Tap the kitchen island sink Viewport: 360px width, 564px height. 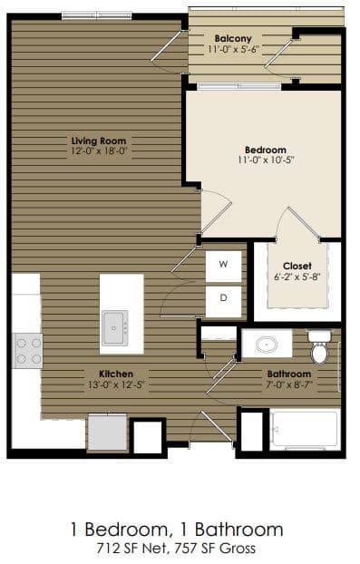pos(114,326)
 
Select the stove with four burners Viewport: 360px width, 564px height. pos(27,350)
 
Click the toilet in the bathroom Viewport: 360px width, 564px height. pos(319,345)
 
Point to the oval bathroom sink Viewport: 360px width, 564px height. pos(267,345)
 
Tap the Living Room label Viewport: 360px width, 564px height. pos(98,141)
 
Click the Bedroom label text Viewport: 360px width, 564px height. pos(265,150)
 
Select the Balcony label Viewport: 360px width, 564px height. pos(233,38)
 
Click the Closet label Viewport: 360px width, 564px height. pos(297,266)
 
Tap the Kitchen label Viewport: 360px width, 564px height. pos(117,374)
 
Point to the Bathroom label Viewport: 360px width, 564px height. pos(288,374)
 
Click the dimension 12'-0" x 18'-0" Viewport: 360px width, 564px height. pos(99,151)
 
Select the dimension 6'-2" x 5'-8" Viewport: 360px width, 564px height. pos(297,277)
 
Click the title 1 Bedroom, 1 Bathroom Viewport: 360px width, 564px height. pos(176,529)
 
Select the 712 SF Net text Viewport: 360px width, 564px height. pos(134,548)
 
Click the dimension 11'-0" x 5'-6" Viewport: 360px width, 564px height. pos(233,49)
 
